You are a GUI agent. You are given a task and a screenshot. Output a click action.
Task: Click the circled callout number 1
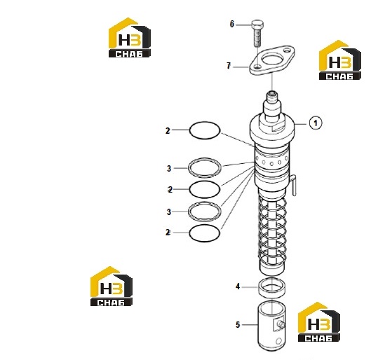pos(316,123)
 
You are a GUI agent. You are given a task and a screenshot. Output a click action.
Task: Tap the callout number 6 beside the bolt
pos(231,24)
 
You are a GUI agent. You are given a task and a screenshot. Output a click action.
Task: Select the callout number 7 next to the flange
pos(229,66)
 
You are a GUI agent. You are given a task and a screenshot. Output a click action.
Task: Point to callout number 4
pos(238,286)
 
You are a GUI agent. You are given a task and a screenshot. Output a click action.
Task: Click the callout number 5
pos(238,324)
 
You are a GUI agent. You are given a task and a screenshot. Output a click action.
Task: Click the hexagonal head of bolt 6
pos(257,25)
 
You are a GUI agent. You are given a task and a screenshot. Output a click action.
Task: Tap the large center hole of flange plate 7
pos(272,59)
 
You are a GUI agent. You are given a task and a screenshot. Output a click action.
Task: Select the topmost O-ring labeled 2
pos(205,122)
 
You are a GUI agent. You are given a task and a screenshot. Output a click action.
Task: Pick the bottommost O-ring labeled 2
pos(205,226)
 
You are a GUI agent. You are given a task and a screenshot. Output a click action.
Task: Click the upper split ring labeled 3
pos(205,159)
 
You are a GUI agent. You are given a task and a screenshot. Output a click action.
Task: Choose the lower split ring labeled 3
pos(205,202)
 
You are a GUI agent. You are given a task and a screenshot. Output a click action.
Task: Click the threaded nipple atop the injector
pos(273,99)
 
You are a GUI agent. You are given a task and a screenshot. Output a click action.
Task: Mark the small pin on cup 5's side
pos(281,324)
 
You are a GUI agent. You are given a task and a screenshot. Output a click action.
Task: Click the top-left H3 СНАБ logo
pos(130,38)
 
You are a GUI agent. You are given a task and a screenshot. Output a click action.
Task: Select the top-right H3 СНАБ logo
pos(340,60)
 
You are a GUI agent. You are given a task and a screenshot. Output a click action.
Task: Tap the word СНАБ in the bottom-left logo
pos(111,303)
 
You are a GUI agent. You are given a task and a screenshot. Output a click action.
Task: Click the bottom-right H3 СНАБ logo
pos(318,321)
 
